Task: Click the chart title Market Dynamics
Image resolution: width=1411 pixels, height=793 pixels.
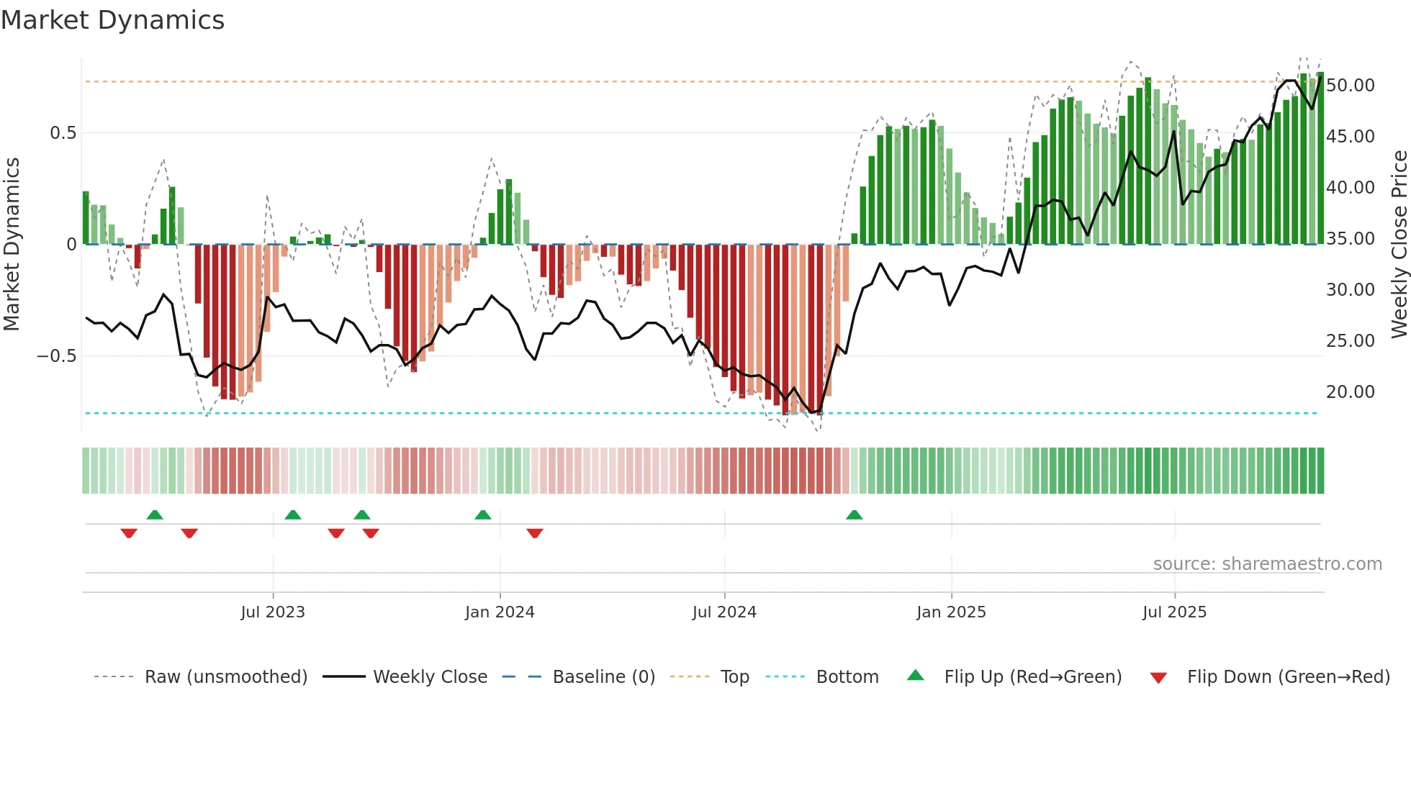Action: coord(112,20)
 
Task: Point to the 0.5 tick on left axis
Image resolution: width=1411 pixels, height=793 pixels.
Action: coord(63,133)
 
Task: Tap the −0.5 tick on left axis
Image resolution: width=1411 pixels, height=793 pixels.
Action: coord(56,356)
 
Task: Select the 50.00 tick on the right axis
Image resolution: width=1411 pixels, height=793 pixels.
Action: coord(1350,85)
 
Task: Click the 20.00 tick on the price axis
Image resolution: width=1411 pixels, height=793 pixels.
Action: coord(1350,391)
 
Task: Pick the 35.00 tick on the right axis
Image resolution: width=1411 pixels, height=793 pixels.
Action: coord(1350,238)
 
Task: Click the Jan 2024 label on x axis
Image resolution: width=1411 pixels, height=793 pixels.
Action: coord(500,612)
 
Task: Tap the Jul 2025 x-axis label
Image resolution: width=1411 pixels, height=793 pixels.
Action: coord(1174,612)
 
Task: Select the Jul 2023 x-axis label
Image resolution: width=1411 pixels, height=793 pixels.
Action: coord(273,612)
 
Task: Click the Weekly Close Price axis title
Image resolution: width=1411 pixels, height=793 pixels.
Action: coord(1399,244)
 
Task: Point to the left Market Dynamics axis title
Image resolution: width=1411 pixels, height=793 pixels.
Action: coord(12,244)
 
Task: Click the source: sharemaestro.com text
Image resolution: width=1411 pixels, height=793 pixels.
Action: coord(1267,564)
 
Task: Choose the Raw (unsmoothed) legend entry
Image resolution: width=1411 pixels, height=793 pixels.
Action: coord(225,677)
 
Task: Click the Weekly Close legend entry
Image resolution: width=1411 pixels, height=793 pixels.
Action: coord(430,677)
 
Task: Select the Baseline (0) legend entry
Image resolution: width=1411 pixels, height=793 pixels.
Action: coord(603,677)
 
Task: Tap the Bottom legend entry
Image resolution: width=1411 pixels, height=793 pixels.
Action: coord(847,677)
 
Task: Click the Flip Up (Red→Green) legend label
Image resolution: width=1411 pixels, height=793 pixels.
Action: coord(1032,677)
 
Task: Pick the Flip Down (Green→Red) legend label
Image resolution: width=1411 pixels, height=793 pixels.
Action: coord(1288,677)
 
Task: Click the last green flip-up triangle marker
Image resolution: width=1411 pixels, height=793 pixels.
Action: coord(854,515)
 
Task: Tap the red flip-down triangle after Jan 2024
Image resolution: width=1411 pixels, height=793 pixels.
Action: coord(534,533)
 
